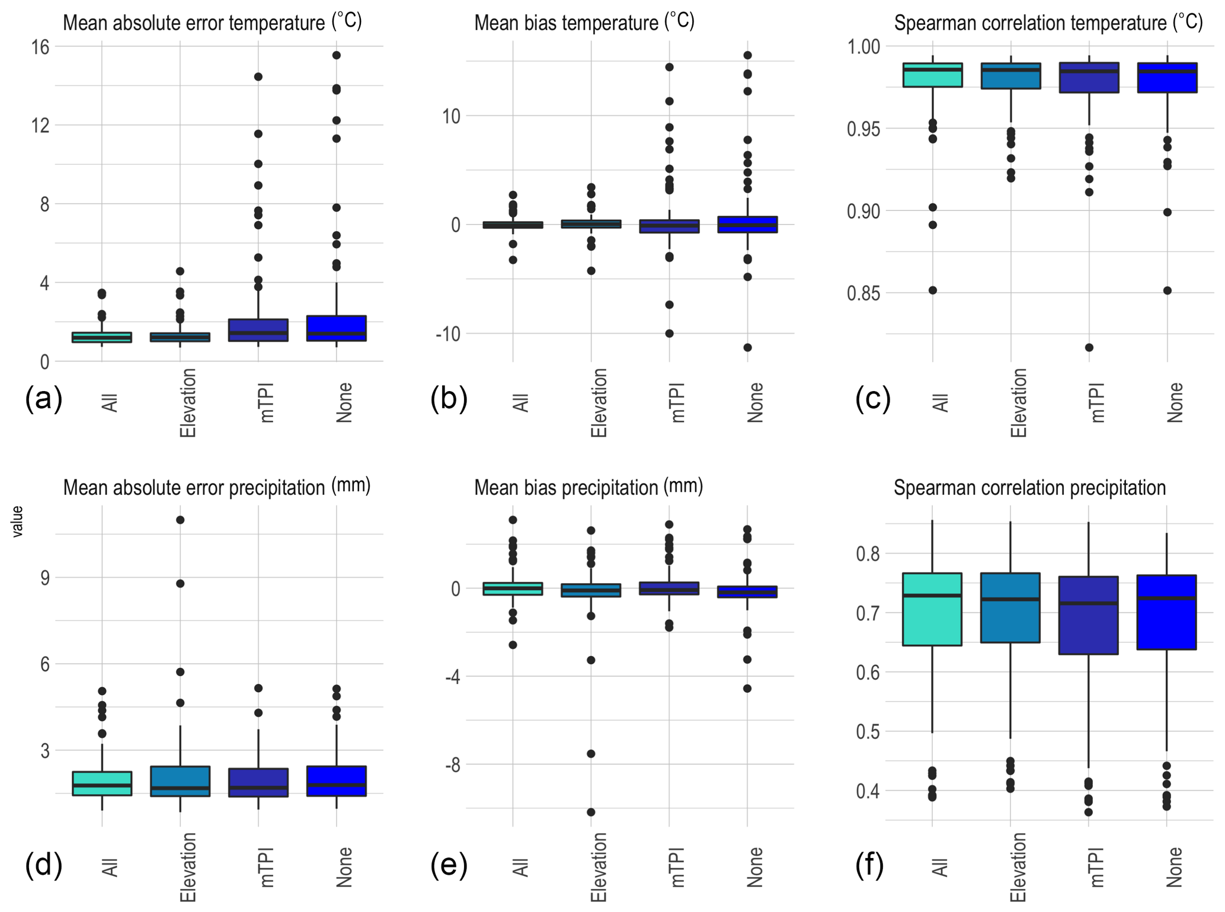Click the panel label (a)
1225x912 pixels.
43,399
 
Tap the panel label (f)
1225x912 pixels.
869,865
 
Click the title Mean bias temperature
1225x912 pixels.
584,23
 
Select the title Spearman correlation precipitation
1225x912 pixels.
1029,488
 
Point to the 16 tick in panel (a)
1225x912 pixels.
40,47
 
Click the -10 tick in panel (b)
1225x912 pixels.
448,334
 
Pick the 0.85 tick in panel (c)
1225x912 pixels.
863,293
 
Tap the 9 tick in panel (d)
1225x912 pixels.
45,578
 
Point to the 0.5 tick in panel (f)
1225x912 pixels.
868,732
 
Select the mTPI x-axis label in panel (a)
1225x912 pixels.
267,402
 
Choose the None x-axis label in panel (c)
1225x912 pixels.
1175,402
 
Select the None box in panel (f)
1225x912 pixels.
1166,612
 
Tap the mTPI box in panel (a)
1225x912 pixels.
258,330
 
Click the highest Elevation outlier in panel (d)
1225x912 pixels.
180,520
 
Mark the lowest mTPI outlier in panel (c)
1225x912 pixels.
1089,347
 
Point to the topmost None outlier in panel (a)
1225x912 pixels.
336,55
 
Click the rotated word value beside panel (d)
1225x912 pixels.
18,521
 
